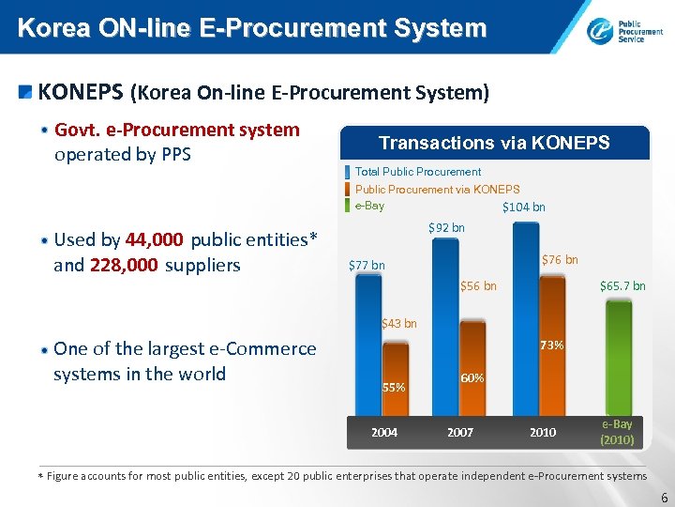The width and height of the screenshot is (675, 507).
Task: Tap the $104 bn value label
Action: pyautogui.click(x=523, y=207)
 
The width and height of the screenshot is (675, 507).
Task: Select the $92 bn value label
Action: pyautogui.click(x=446, y=228)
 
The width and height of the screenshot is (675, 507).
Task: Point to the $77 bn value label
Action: pyautogui.click(x=367, y=266)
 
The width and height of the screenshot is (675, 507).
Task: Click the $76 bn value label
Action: pyautogui.click(x=560, y=260)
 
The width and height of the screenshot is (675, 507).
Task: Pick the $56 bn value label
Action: pyautogui.click(x=478, y=286)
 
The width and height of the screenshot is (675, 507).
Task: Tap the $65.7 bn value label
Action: pyautogui.click(x=622, y=286)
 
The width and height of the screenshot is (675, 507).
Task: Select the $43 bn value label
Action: pyautogui.click(x=399, y=324)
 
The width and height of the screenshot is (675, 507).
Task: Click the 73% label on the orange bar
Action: pyautogui.click(x=551, y=346)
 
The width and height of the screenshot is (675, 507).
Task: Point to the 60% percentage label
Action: pyautogui.click(x=472, y=378)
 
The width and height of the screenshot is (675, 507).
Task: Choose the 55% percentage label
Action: pyautogui.click(x=394, y=387)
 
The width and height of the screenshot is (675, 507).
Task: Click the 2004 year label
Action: pyautogui.click(x=384, y=433)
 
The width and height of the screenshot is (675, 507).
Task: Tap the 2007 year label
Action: pyautogui.click(x=460, y=433)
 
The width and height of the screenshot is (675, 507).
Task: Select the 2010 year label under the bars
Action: pyautogui.click(x=543, y=433)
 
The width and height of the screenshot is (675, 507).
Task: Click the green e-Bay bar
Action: pyautogui.click(x=618, y=357)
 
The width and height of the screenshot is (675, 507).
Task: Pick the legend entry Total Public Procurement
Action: pyautogui.click(x=417, y=172)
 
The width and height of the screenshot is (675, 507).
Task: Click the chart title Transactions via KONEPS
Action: pyautogui.click(x=494, y=143)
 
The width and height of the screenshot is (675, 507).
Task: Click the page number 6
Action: pyautogui.click(x=664, y=499)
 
